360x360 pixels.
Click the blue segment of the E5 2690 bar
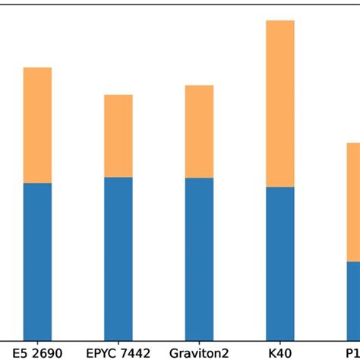click(x=37, y=262)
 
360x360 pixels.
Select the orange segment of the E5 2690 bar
click(x=37, y=125)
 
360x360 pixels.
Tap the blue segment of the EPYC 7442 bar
click(x=118, y=259)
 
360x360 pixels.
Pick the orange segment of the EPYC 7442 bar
click(x=118, y=136)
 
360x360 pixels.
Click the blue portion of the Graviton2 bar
click(x=199, y=260)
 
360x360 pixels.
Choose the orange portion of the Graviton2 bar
click(x=199, y=131)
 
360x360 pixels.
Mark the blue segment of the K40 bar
click(x=279, y=264)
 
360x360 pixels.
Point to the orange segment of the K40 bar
click(x=279, y=103)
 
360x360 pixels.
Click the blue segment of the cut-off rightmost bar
click(x=353, y=302)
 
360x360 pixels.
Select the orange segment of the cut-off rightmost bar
click(x=353, y=202)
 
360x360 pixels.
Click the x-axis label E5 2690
click(x=37, y=352)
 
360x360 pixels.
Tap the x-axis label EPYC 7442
click(x=118, y=352)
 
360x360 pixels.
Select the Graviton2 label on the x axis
click(x=199, y=352)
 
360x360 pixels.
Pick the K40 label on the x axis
click(x=279, y=352)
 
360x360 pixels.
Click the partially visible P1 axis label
click(x=352, y=352)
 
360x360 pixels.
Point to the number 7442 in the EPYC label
click(x=134, y=352)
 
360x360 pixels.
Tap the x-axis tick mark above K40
click(x=279, y=343)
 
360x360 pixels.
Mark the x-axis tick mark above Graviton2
click(x=199, y=343)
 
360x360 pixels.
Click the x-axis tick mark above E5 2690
click(x=37, y=343)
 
